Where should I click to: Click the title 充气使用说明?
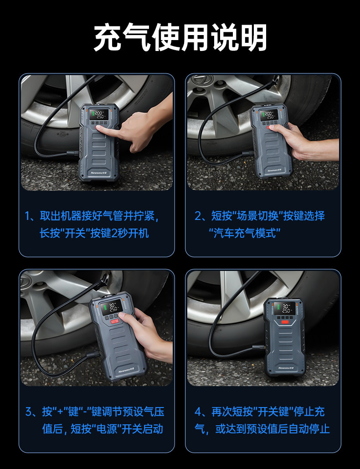[180, 38]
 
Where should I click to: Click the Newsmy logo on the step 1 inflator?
[99, 173]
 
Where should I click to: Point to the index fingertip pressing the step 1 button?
[98, 128]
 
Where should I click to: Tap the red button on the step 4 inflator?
[285, 322]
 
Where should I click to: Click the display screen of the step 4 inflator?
[284, 308]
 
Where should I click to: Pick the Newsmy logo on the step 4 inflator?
[285, 368]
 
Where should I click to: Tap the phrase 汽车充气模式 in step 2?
[245, 233]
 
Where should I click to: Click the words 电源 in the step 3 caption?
[106, 428]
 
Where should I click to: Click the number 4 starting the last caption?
[198, 412]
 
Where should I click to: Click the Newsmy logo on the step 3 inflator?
[126, 370]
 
